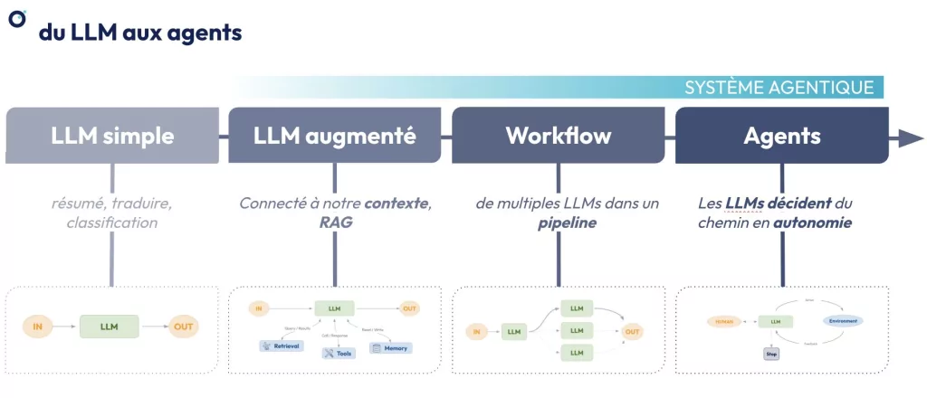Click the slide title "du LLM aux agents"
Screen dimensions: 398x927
coord(139,33)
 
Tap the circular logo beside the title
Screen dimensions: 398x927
coord(16,18)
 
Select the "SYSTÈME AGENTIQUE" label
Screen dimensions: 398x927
coord(779,87)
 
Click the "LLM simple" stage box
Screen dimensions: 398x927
coord(112,137)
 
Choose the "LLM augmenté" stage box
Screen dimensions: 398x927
coord(335,137)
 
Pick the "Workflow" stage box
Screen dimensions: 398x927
coord(558,137)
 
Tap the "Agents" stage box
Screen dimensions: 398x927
coord(781,137)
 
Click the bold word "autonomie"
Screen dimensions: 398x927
coord(812,223)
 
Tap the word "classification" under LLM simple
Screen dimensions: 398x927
coord(111,223)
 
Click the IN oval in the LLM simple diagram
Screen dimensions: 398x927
coord(37,327)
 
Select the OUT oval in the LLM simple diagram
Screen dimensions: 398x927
coord(184,327)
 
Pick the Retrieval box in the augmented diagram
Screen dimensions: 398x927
coord(281,346)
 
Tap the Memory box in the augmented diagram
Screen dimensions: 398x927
coord(391,347)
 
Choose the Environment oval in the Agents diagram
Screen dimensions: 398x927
coord(842,321)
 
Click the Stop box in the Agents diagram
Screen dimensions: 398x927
coord(772,354)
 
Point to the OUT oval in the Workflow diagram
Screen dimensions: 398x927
coord(633,332)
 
